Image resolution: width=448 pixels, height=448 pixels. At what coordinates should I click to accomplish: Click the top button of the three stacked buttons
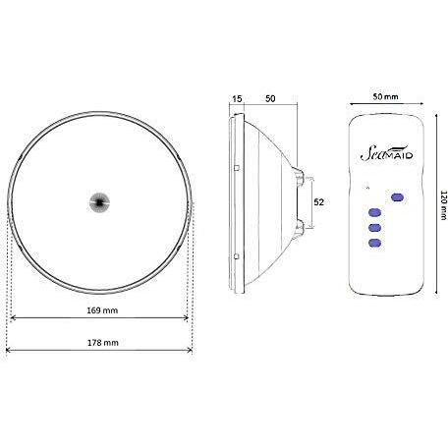point(374,212)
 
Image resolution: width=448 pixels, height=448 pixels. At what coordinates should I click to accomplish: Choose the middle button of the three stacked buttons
point(374,228)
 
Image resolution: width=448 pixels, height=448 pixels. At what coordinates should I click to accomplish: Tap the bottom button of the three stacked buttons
point(374,243)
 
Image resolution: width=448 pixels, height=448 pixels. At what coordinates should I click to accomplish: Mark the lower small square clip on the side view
point(238,259)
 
